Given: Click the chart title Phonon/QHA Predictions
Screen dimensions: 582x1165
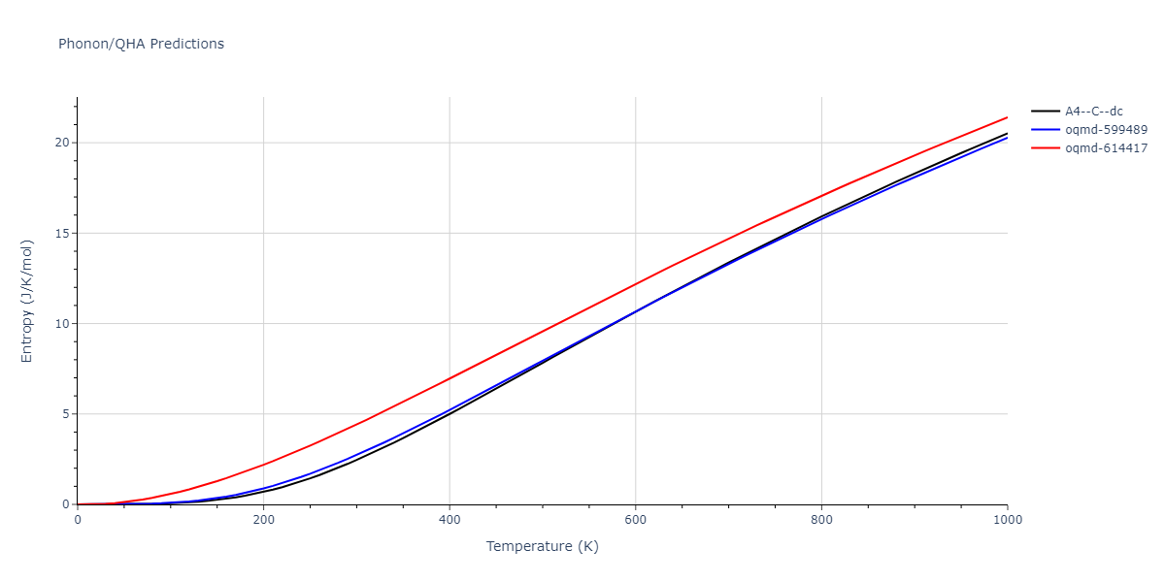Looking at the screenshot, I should click(141, 44).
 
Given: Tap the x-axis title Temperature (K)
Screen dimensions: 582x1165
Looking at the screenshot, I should click(543, 547).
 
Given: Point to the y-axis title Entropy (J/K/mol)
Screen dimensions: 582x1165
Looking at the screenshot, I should click(27, 301).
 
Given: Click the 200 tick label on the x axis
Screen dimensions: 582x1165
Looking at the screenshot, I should click(263, 520).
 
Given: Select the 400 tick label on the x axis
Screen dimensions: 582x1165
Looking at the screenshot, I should click(449, 520).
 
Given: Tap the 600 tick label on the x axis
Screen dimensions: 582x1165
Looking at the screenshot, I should click(635, 520).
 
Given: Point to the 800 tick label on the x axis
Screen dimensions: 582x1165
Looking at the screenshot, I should click(821, 520).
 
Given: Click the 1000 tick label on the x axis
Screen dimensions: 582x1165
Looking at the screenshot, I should click(1007, 520).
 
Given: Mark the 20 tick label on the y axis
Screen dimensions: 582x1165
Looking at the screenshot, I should click(61, 143).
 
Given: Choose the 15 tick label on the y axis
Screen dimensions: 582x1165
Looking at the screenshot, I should click(61, 233).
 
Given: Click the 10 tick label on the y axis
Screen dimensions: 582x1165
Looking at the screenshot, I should click(61, 324).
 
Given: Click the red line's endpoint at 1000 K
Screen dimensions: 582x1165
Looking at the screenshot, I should click(1007, 117).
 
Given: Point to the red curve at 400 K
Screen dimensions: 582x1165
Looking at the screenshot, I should click(449, 377).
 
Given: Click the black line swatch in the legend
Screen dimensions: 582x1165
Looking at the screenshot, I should click(1045, 112).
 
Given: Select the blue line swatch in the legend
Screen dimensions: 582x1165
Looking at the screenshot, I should click(1045, 130).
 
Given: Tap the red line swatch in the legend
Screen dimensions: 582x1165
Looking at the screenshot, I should click(1045, 148).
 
